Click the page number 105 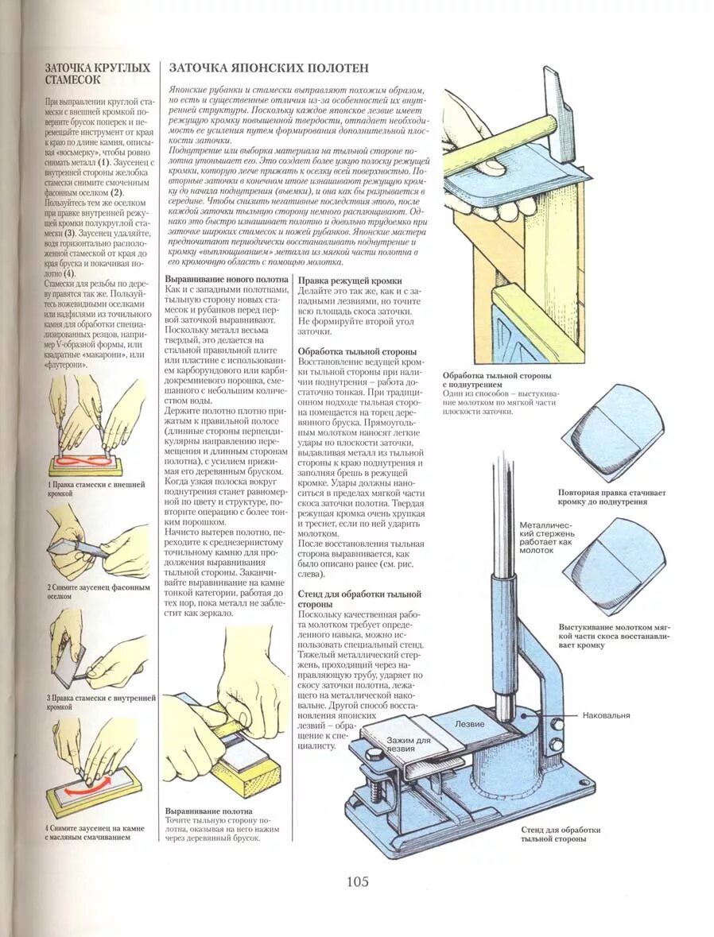357,881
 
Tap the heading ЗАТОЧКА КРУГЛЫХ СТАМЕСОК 98,74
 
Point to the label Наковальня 606,715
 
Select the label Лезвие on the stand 468,725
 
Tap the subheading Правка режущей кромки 349,281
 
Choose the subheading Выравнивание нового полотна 226,281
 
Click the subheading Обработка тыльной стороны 356,350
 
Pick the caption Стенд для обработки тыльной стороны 561,834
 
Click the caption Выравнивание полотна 208,811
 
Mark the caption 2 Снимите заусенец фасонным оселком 97,591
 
